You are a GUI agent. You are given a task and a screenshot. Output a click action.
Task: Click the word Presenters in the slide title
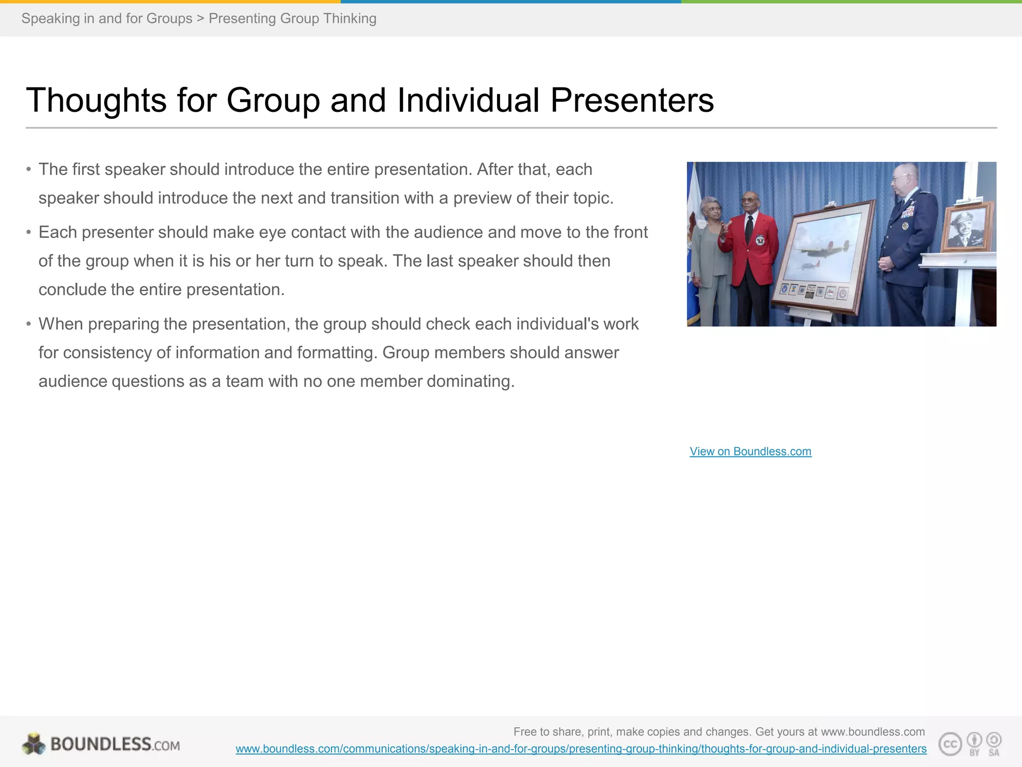tap(632, 100)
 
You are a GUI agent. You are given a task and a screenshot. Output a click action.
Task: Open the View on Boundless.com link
tap(750, 451)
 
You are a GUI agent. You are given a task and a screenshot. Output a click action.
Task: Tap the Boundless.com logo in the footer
tap(101, 744)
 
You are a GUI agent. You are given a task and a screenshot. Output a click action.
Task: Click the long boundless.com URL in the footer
tap(581, 749)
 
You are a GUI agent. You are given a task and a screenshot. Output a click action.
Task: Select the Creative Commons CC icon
tap(950, 744)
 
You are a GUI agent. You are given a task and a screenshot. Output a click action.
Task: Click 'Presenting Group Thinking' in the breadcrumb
tap(292, 18)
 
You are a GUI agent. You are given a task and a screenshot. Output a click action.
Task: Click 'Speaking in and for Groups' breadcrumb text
tap(107, 18)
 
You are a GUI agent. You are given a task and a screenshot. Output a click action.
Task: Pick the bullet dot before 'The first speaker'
tap(29, 170)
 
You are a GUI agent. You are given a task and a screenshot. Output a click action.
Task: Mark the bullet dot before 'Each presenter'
tap(29, 233)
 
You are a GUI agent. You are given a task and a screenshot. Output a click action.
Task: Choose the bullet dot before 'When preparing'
tap(29, 325)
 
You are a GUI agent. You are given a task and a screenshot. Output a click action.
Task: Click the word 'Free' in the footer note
tap(524, 732)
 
